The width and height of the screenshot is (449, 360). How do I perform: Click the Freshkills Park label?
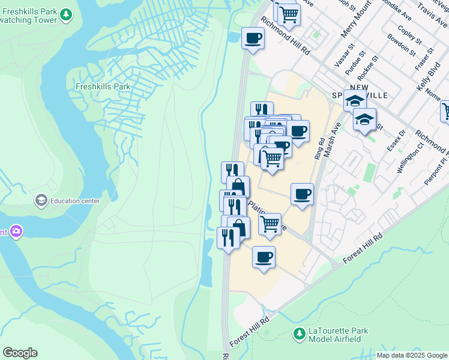103,86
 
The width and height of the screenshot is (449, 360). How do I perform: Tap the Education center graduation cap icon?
41,200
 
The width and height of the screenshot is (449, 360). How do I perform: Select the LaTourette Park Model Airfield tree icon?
298,334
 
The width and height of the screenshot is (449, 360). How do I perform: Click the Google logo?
20,353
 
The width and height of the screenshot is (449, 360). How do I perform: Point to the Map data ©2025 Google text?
412,355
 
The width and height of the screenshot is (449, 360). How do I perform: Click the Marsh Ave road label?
332,140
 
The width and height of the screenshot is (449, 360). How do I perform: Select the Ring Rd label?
319,149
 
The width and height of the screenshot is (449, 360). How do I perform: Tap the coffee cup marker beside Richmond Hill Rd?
253,39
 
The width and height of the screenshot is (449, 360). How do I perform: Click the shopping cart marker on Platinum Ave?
270,224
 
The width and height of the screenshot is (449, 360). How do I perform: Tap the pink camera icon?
16,231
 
